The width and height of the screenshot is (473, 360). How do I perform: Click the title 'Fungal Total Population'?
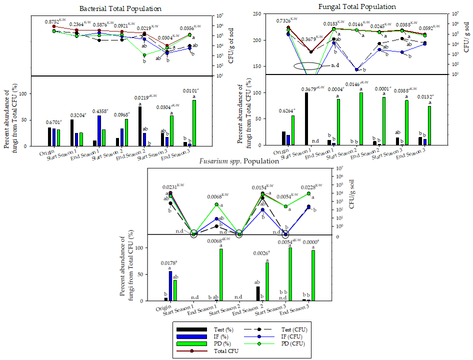click(357, 6)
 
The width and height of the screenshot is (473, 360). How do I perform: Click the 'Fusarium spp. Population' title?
click(239, 161)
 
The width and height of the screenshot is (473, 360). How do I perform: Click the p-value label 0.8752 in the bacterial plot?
click(52, 21)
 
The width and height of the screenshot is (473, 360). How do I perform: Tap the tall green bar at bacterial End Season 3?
click(194, 122)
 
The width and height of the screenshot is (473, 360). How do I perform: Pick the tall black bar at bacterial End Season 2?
click(139, 126)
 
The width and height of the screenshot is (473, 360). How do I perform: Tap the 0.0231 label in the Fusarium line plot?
click(171, 187)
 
